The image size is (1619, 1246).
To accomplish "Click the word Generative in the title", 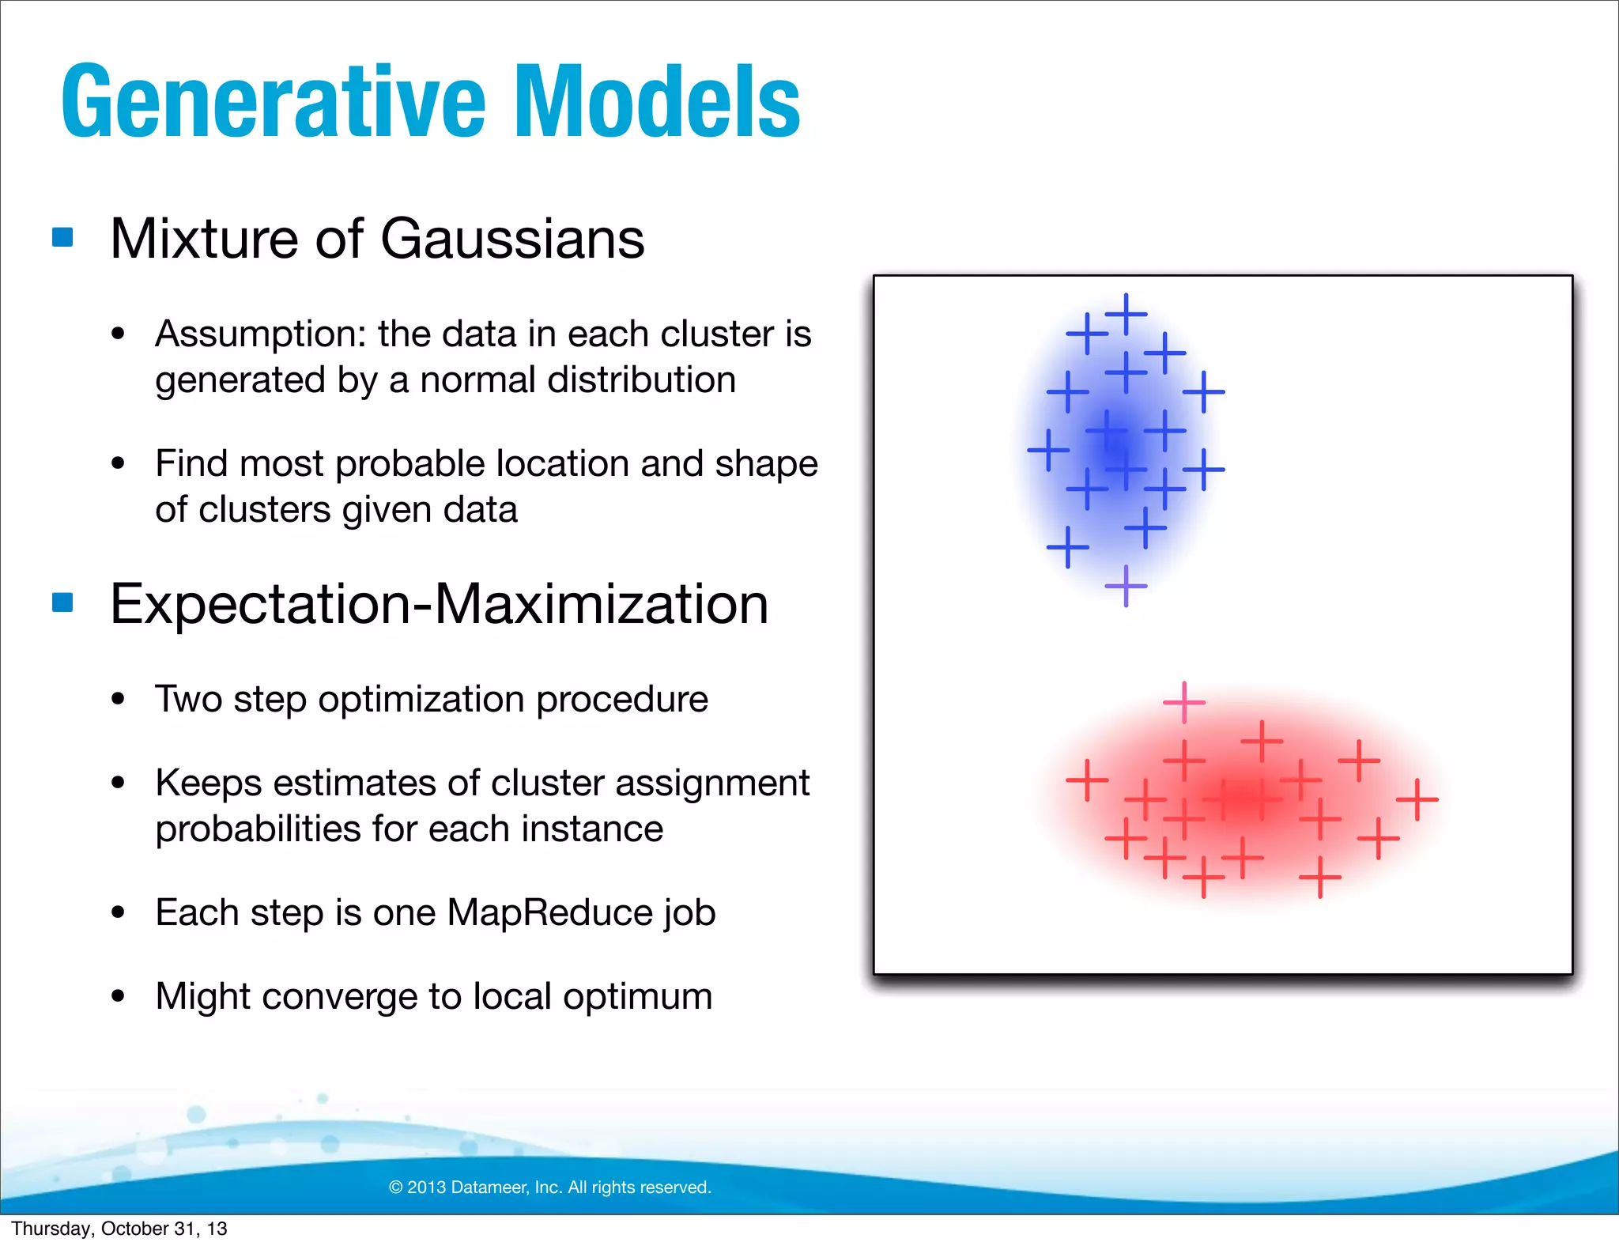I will [x=273, y=103].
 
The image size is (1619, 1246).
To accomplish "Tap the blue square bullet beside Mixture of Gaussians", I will [x=62, y=237].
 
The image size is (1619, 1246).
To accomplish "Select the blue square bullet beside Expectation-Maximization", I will [x=62, y=602].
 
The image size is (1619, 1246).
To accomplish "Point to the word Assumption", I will [x=260, y=334].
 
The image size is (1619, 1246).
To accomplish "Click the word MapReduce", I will [x=549, y=913].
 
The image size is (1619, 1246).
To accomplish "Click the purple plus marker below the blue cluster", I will [x=1126, y=586].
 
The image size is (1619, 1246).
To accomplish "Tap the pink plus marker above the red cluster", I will [x=1183, y=702].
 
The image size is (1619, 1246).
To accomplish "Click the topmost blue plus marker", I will [x=1126, y=314].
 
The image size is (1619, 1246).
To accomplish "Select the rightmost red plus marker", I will [x=1417, y=799].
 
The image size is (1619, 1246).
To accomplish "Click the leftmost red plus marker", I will [x=1087, y=780].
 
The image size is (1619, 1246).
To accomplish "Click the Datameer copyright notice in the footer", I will [x=550, y=1187].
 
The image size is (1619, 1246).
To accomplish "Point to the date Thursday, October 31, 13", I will [x=119, y=1229].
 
